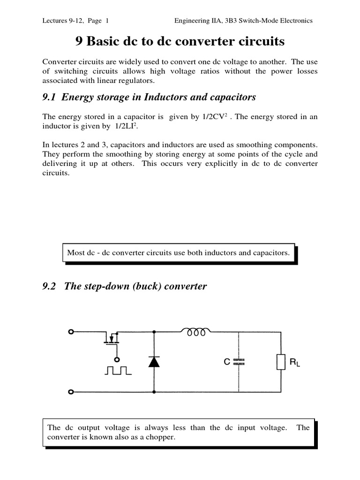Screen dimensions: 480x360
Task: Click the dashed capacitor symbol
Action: (239, 361)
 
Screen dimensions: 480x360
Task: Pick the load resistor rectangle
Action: (281, 362)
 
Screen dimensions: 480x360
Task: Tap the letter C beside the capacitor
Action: (226, 362)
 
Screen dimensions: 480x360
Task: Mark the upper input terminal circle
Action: (71, 332)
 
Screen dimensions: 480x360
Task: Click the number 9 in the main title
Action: (79, 42)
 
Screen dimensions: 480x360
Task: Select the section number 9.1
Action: (49, 97)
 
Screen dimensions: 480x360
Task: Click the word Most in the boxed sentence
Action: (75, 253)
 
